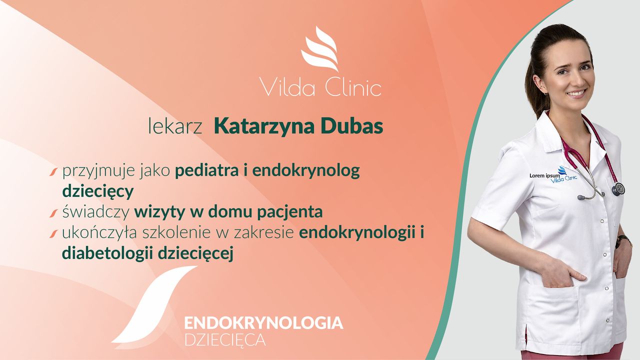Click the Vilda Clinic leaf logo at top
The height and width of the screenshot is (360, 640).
click(320, 48)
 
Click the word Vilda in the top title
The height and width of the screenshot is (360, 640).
click(281, 86)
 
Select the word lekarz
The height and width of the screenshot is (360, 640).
click(175, 127)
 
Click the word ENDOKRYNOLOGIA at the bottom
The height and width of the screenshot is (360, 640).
click(263, 322)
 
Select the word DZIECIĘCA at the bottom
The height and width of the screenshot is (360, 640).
click(225, 339)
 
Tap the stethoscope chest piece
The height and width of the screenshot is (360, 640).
click(618, 189)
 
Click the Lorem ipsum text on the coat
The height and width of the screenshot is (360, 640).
click(544, 175)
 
